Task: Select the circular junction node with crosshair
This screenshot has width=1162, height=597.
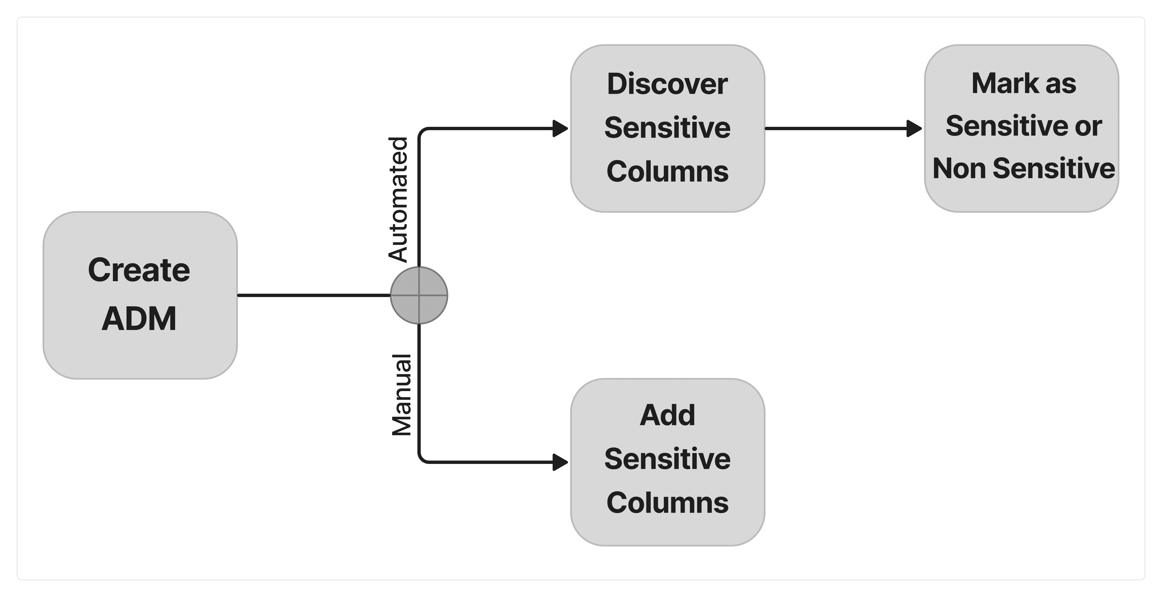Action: tap(419, 295)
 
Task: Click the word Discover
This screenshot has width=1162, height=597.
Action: tap(667, 84)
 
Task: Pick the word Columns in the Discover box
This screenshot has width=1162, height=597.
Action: tap(667, 172)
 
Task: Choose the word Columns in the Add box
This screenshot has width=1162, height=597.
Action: tap(667, 503)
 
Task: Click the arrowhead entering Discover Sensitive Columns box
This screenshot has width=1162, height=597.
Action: tap(561, 128)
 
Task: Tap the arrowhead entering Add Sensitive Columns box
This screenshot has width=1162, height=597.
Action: tap(561, 462)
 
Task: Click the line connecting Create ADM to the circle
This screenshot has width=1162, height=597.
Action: tap(313, 295)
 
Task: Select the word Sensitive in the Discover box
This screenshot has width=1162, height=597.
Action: tap(667, 128)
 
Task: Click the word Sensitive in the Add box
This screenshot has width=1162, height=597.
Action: tap(667, 459)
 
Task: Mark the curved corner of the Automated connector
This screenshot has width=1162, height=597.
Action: tap(422, 132)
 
